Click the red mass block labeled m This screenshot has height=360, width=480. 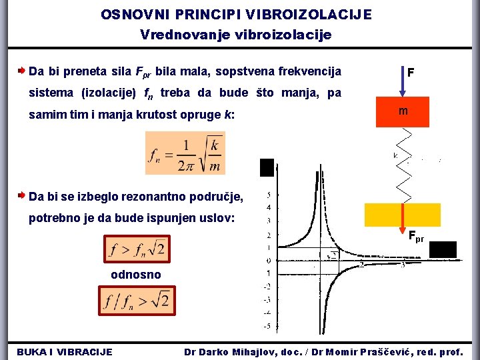pos(403,111)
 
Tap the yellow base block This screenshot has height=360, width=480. pos(403,215)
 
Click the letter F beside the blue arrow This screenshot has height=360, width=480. pos(411,71)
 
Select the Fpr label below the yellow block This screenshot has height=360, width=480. pos(416,235)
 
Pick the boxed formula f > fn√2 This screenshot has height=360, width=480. pos(138,249)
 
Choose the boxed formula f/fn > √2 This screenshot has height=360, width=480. pos(137,300)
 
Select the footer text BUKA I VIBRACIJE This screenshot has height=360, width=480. pos(64,351)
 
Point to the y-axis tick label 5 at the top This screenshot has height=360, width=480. pos(268,195)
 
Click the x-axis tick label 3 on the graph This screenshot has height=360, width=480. pos(402,265)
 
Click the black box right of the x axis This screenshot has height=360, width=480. pos(443,249)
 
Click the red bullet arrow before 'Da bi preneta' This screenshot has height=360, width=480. pos(21,70)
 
